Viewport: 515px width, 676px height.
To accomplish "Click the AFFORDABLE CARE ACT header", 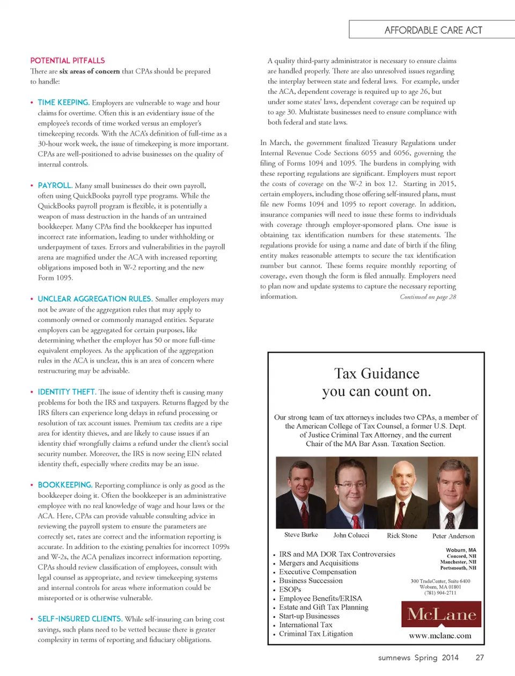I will (x=433, y=30).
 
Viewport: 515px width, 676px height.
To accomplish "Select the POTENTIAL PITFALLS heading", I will (x=68, y=61).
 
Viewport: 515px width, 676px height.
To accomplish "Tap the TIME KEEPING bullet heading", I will (x=63, y=102).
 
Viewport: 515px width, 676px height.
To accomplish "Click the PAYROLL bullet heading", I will (x=55, y=185).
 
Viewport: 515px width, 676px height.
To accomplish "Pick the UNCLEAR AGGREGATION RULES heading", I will (x=95, y=299).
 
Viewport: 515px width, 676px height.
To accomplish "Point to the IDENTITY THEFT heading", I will (x=67, y=392).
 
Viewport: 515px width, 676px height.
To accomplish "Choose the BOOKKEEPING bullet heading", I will (x=65, y=484).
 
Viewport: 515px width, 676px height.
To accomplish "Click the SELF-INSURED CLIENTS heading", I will (x=80, y=619).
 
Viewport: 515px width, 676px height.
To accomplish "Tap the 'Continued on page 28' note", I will (x=428, y=297).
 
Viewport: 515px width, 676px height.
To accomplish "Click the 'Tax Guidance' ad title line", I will (x=377, y=373).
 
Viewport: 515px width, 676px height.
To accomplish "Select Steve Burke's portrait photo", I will (x=301, y=493).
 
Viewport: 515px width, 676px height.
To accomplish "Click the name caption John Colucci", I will (x=351, y=535).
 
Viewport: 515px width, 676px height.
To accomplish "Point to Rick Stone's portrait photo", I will (x=402, y=493).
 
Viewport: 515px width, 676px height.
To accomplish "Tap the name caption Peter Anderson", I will (x=453, y=535).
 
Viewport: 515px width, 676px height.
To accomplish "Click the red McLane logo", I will (x=442, y=614).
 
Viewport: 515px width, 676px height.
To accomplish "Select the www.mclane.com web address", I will (x=440, y=636).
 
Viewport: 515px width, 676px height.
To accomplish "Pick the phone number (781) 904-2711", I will (x=440, y=593).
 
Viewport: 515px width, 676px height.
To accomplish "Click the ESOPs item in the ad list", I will (x=290, y=589).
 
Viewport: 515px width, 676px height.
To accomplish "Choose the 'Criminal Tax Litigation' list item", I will (x=315, y=634).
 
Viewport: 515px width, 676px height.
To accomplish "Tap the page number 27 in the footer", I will (x=480, y=657).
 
